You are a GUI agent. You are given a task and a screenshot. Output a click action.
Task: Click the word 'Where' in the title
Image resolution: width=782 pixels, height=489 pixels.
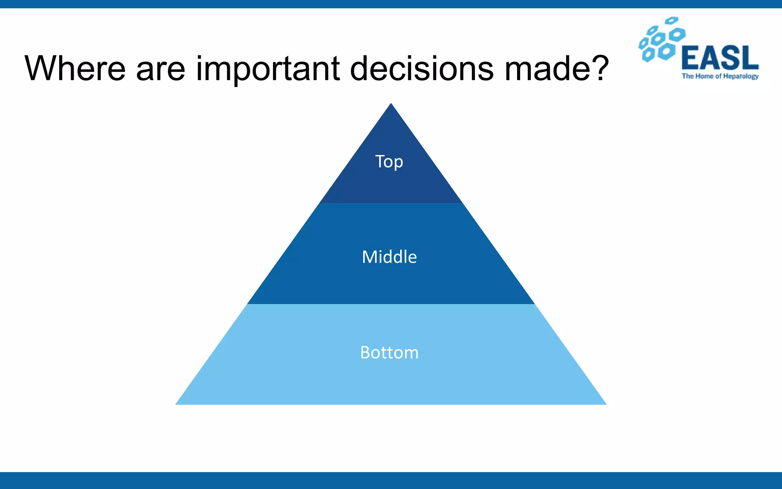click(x=75, y=69)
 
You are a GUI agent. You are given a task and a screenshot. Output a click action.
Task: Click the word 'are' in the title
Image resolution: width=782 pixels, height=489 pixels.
click(x=160, y=70)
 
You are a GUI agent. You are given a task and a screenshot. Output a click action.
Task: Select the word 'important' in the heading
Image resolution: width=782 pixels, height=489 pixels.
click(x=268, y=70)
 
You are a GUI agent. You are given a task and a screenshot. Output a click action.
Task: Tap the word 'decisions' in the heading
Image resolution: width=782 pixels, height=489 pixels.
click(x=422, y=69)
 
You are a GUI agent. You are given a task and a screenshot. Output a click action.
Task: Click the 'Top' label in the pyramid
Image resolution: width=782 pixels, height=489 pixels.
click(x=389, y=162)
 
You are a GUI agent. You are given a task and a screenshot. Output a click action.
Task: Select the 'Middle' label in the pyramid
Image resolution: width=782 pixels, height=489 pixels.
click(x=389, y=257)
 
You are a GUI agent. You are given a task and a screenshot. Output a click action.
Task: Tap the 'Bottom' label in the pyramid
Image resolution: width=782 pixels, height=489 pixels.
click(x=389, y=352)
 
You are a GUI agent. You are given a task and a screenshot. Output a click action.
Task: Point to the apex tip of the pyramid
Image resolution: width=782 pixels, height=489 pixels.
click(x=391, y=104)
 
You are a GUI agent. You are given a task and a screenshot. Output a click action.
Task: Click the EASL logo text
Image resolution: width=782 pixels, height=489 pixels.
click(x=720, y=58)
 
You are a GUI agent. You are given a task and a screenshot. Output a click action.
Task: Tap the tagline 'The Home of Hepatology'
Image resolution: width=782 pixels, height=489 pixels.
click(x=720, y=76)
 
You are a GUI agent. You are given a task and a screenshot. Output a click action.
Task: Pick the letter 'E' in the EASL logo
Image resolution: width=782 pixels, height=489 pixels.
click(x=691, y=58)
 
